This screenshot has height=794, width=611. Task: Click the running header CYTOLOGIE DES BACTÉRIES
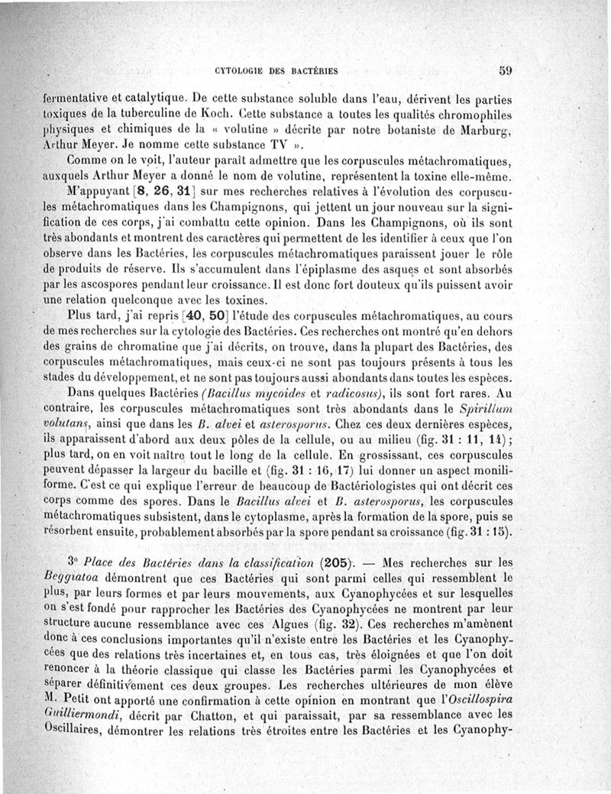pos(276,71)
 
